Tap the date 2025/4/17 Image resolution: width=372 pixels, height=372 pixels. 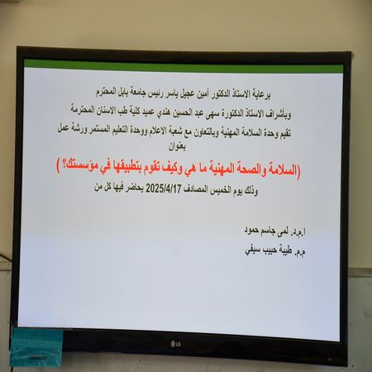point(173,189)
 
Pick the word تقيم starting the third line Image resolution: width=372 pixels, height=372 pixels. point(296,129)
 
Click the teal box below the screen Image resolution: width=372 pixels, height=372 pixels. point(34,346)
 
